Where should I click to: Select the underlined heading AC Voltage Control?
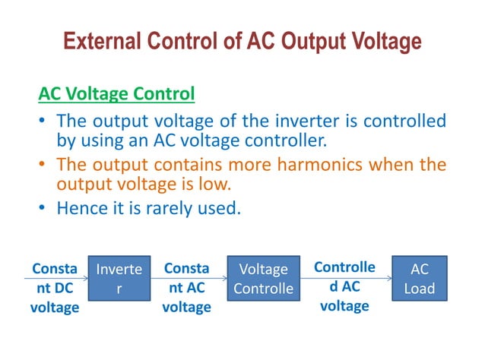pyautogui.click(x=116, y=94)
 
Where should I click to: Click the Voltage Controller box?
pyautogui.click(x=263, y=279)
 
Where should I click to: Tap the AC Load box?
pyautogui.click(x=420, y=279)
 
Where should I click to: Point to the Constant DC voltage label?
pyautogui.click(x=54, y=288)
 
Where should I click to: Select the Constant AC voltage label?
pyautogui.click(x=187, y=288)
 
